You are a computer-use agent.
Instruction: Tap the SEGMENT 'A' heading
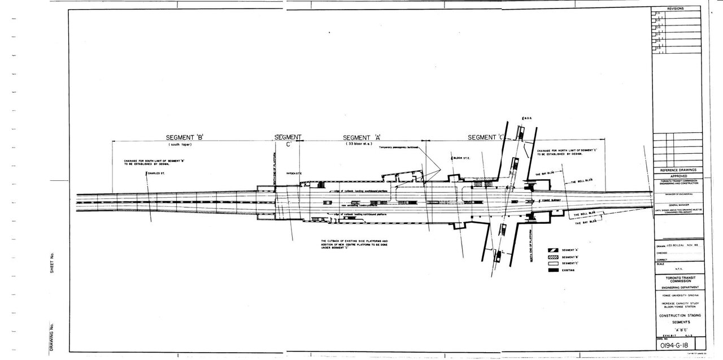[362, 137]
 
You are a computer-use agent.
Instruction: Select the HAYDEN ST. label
[293, 173]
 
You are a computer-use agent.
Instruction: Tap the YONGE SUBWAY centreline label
[550, 199]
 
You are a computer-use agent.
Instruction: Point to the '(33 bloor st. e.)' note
[361, 145]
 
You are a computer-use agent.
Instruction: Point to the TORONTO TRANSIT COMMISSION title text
[678, 281]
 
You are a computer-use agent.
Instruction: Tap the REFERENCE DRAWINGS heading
[678, 170]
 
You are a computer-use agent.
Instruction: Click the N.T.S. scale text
[678, 268]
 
